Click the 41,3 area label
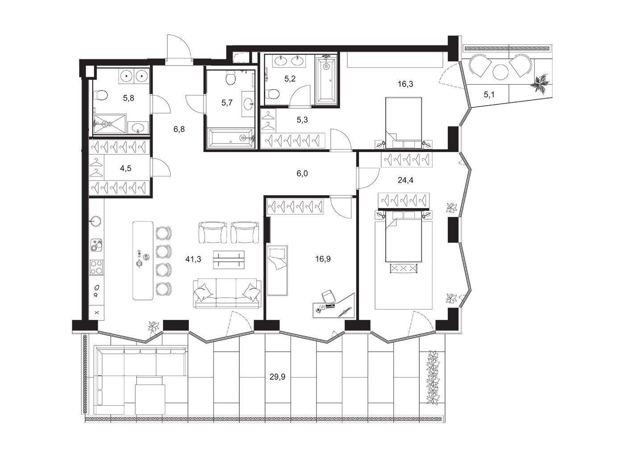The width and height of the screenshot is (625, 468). click(x=193, y=259)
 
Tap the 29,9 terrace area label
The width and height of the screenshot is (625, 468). click(x=277, y=377)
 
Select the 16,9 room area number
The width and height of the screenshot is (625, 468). click(x=323, y=259)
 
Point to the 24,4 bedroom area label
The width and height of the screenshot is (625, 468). click(x=405, y=180)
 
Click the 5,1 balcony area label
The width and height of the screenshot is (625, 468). click(x=489, y=94)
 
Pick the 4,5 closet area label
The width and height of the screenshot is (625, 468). click(x=125, y=168)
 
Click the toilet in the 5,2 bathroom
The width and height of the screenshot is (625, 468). click(x=273, y=94)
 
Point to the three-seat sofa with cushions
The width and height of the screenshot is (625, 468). click(x=227, y=293)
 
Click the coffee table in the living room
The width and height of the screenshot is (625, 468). click(x=229, y=260)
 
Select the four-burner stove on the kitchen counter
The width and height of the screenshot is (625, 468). click(x=97, y=267)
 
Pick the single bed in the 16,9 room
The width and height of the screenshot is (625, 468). click(x=277, y=271)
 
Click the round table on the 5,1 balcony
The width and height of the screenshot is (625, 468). click(x=500, y=72)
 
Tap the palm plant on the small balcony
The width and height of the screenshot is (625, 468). click(x=541, y=82)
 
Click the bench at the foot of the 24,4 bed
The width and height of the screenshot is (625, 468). click(x=403, y=268)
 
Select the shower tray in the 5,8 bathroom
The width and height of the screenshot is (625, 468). click(x=110, y=124)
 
